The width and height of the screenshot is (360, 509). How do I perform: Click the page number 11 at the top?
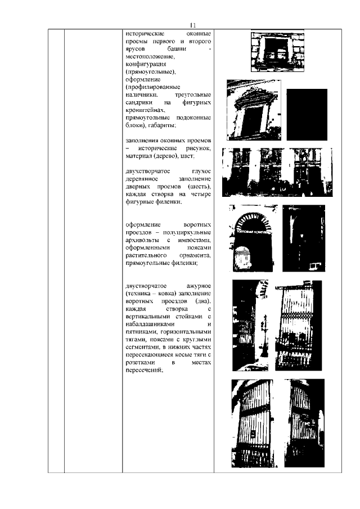(193, 25)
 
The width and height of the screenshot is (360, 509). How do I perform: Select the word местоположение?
(151, 57)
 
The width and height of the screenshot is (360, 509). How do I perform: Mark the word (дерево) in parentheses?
(171, 155)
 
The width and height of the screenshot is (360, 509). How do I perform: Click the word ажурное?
(197, 286)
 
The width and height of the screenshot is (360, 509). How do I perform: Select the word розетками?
(140, 363)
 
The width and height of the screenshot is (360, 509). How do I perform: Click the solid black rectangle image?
(307, 114)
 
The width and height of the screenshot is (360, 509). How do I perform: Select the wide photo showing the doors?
(277, 172)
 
